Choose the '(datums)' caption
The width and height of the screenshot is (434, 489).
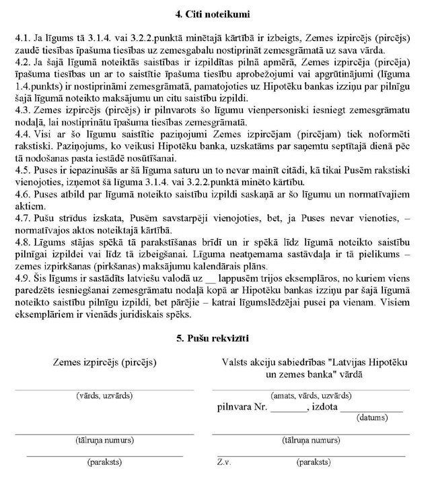click(372, 418)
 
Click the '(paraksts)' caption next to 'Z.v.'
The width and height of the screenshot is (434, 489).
click(313, 463)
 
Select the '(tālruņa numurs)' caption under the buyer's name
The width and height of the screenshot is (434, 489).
click(104, 441)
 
